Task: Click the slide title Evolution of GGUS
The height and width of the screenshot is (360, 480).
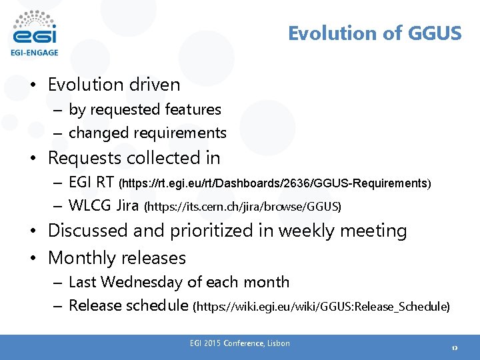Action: coord(374,33)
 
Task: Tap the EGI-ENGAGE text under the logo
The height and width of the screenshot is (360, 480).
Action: coord(34,52)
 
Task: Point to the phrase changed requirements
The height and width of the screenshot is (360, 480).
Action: coord(147,133)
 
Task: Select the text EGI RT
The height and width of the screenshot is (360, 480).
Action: coord(91,183)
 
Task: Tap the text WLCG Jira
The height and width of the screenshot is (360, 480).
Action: coord(104,206)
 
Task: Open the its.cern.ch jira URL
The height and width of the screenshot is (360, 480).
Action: coord(243,207)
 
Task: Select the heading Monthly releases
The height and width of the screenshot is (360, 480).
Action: coord(117,258)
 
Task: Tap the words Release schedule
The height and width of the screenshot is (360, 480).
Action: coord(129,305)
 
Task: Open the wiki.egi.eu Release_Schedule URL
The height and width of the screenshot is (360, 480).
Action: coord(321,307)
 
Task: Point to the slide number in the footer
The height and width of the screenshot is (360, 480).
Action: coord(454,348)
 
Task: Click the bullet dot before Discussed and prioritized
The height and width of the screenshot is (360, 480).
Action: coord(33,231)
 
